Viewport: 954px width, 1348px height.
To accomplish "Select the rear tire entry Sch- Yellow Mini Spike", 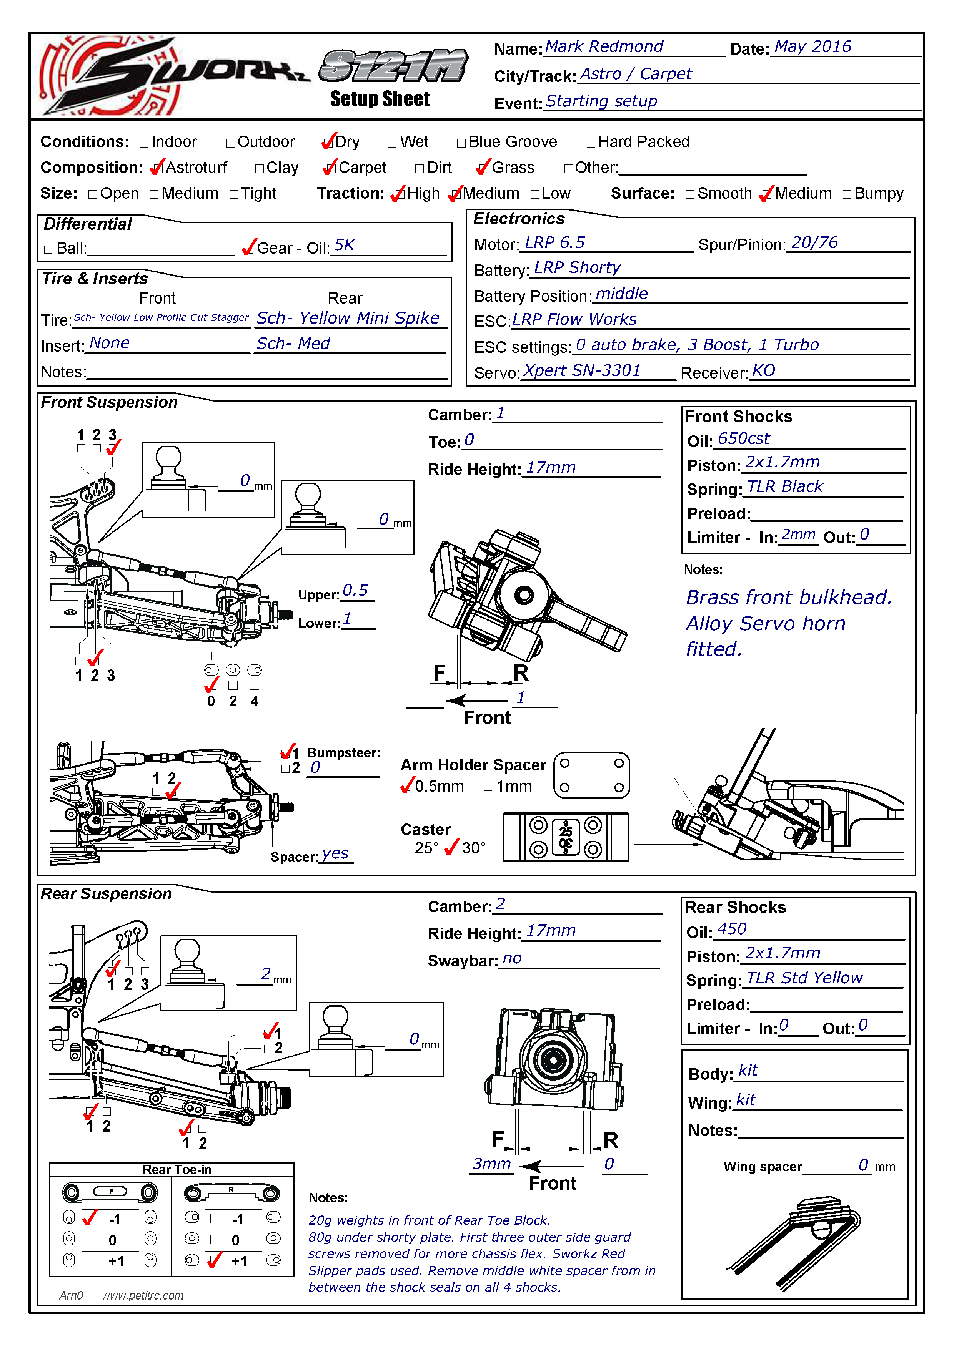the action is (x=348, y=318).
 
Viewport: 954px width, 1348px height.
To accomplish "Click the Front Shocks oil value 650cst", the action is (x=743, y=438).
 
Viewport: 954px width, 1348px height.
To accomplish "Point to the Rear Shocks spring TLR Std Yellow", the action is (x=804, y=978).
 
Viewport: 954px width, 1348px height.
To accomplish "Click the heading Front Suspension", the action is (x=109, y=402).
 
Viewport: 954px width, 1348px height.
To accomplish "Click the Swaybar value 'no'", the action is (x=512, y=959).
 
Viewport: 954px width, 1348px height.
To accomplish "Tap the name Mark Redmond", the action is (x=604, y=46).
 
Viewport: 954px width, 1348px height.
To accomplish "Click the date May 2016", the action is (x=812, y=46).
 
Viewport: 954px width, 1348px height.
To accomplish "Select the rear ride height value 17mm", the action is (x=551, y=931).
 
